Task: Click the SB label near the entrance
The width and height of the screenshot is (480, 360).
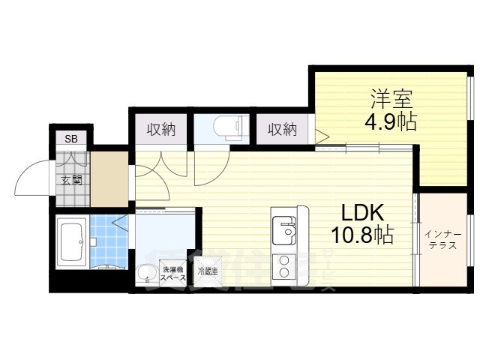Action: click(x=70, y=139)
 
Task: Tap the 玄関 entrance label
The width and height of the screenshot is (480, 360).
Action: click(x=72, y=180)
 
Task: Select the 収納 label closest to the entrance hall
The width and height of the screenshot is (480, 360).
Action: click(x=160, y=129)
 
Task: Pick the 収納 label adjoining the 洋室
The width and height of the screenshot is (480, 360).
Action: click(x=283, y=129)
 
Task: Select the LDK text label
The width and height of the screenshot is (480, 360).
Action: click(x=363, y=213)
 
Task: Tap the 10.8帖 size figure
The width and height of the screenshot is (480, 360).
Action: click(x=363, y=236)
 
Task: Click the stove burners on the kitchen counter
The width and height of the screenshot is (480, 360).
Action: click(x=284, y=265)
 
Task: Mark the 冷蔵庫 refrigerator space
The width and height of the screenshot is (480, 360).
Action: click(x=208, y=271)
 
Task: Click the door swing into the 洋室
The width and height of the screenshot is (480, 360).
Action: click(x=321, y=137)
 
